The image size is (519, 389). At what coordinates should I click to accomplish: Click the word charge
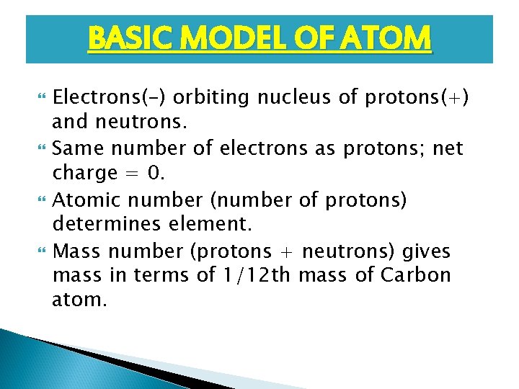click(84, 173)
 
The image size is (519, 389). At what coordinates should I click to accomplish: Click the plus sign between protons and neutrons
click(288, 252)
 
